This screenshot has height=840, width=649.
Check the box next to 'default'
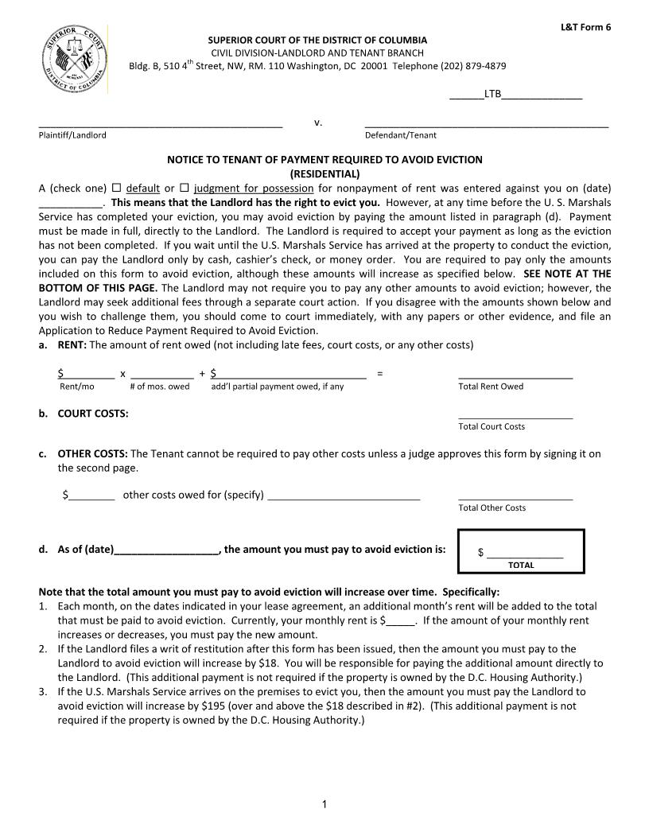pos(116,188)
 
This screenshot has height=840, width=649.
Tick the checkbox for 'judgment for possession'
pos(184,188)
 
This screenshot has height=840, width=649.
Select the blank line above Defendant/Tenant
pos(486,125)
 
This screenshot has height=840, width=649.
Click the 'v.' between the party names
pos(317,122)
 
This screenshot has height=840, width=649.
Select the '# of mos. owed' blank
pos(161,374)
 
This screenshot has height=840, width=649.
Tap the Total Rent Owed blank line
pos(515,375)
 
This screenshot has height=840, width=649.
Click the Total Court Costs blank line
pos(515,415)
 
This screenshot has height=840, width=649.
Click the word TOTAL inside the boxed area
pos(521,566)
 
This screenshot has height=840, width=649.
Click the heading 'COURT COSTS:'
pos(93,413)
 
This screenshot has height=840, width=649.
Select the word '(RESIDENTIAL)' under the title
pos(324,173)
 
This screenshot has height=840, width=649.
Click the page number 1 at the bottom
pos(324,805)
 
